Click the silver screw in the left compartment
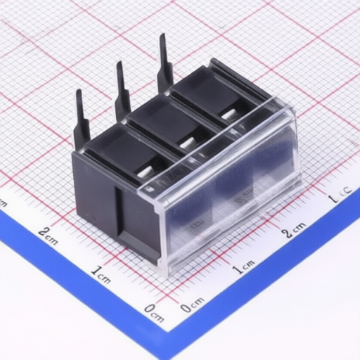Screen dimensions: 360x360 (144, 171)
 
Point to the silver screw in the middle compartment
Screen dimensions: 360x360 (186, 143)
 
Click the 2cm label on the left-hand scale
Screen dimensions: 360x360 (49, 233)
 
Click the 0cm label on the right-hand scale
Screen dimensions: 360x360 (191, 304)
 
